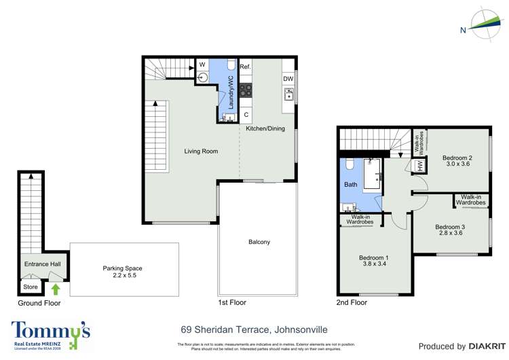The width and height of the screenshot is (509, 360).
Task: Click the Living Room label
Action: tap(201, 151)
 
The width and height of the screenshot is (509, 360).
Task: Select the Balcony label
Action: tap(259, 242)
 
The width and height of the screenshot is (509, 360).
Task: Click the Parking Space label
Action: tap(122, 268)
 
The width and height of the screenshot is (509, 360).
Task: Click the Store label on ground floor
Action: tap(30, 277)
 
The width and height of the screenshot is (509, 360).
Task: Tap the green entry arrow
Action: tap(55, 289)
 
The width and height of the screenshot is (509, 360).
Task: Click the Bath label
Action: tap(351, 184)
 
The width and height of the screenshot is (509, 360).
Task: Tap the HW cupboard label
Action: tap(420, 165)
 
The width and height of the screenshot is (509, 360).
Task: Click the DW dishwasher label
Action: tap(288, 78)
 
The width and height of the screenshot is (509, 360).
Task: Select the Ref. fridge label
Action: tap(245, 67)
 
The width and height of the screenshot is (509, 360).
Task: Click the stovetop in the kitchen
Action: tap(245, 90)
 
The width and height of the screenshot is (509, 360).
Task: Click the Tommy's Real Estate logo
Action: tap(51, 334)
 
